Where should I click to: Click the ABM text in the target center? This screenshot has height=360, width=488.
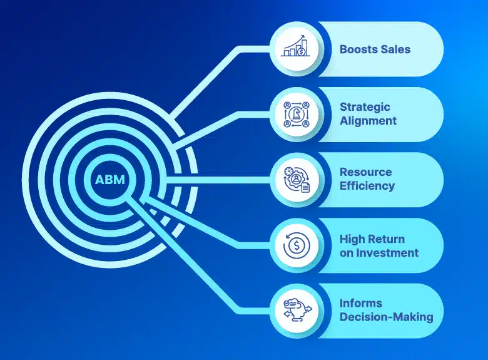coord(110,180)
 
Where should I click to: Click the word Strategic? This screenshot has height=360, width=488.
coord(365,107)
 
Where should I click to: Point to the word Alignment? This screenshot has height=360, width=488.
coord(368,121)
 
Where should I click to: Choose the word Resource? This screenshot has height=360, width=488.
coord(366,172)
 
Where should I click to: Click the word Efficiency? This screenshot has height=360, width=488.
coord(367,186)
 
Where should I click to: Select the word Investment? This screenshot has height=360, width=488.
coord(387,253)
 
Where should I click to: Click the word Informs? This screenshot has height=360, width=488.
coord(361,303)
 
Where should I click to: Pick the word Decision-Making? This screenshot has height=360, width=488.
coord(386,317)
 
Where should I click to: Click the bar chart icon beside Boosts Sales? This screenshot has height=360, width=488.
coord(296,46)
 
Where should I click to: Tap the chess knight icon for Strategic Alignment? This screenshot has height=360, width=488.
coord(297,115)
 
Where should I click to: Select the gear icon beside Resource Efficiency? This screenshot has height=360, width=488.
coord(297,180)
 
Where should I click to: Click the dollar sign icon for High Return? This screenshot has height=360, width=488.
coord(297,245)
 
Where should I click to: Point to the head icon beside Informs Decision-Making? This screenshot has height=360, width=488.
coord(297,310)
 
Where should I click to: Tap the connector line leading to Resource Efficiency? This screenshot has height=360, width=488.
coord(218,180)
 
